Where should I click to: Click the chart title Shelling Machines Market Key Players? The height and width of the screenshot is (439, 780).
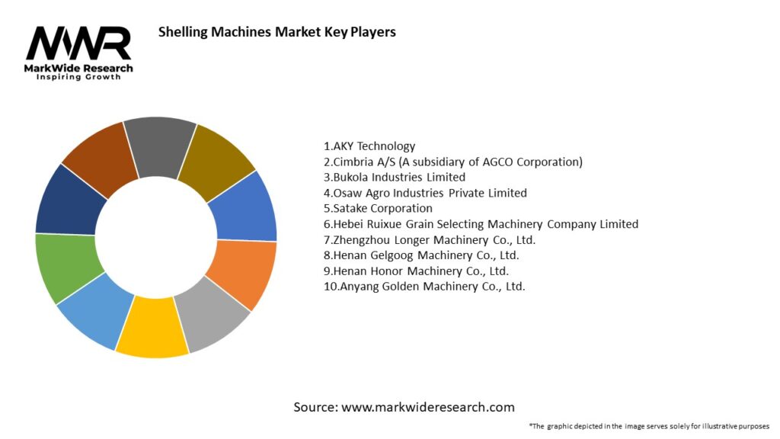(x=277, y=33)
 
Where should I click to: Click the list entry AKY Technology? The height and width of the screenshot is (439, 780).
(x=369, y=146)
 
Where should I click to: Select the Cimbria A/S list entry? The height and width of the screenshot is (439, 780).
(x=452, y=162)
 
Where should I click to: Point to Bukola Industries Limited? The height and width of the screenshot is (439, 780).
(x=394, y=178)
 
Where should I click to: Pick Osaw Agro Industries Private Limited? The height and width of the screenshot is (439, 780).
(x=425, y=193)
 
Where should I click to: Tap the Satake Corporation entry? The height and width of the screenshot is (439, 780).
(x=378, y=208)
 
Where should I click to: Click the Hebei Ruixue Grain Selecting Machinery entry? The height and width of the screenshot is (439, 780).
(x=481, y=224)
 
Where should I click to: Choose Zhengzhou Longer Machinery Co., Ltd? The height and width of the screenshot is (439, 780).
(x=430, y=240)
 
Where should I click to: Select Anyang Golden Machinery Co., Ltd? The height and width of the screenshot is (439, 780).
(x=424, y=287)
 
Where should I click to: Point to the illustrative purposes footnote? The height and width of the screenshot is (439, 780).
(x=648, y=426)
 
